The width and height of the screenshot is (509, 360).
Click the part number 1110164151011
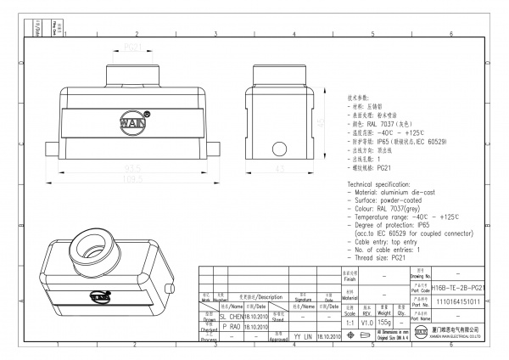(x=458, y=301)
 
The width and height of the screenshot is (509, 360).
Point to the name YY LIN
(x=302, y=336)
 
